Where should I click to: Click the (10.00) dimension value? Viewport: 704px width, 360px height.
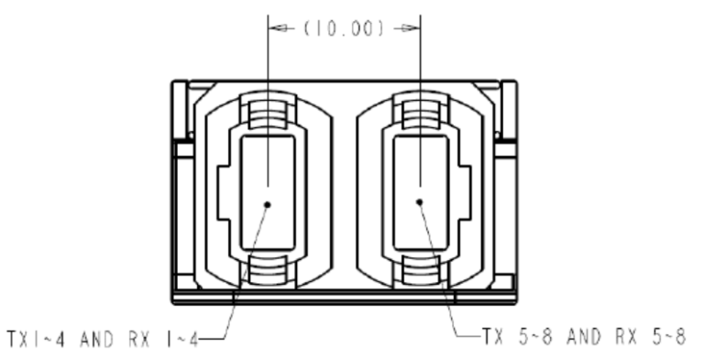click(344, 28)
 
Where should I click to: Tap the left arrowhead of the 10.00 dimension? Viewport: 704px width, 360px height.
click(279, 28)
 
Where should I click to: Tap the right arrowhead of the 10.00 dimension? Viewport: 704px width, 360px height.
click(410, 28)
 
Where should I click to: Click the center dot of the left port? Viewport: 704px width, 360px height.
click(268, 204)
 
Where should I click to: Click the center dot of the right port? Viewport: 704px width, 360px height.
click(419, 202)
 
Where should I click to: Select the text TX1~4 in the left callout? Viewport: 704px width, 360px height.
click(36, 339)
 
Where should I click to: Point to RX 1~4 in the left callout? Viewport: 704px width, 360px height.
click(163, 339)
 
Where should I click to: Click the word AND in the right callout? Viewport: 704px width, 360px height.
click(584, 336)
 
